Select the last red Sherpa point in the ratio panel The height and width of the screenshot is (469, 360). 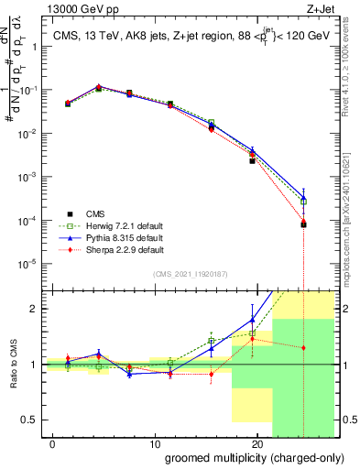coord(303,347)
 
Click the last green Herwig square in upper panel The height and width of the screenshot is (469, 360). coord(303,202)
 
